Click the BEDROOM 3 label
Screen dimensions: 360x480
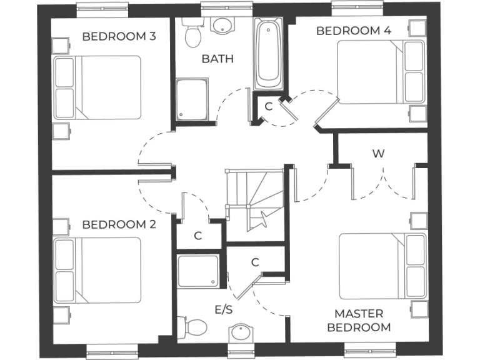[119, 36]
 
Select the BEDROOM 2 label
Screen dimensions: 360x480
[119, 224]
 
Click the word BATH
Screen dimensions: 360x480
[217, 59]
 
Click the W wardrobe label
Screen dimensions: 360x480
[377, 154]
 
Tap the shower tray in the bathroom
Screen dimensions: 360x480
[192, 100]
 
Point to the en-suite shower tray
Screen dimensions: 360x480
[198, 271]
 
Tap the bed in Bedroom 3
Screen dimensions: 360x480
[97, 87]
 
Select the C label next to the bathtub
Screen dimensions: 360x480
[269, 106]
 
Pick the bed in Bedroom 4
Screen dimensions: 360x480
[381, 72]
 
